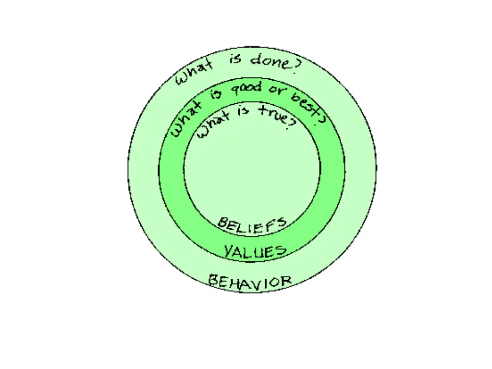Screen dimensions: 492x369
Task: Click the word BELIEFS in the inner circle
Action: (252, 224)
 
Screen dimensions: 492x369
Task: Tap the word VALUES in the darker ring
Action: (255, 251)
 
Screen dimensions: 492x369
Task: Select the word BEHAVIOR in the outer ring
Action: (250, 281)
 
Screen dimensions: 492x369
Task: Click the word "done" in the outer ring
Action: (270, 61)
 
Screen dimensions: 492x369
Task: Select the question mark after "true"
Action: (291, 123)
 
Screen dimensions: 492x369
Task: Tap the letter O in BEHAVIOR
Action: (276, 281)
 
